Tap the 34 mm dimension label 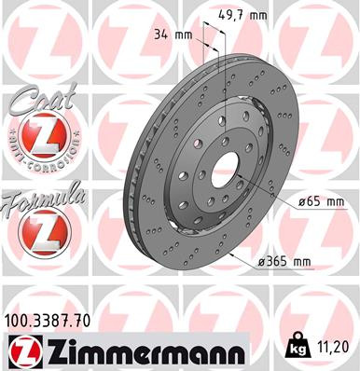pos(178,34)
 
